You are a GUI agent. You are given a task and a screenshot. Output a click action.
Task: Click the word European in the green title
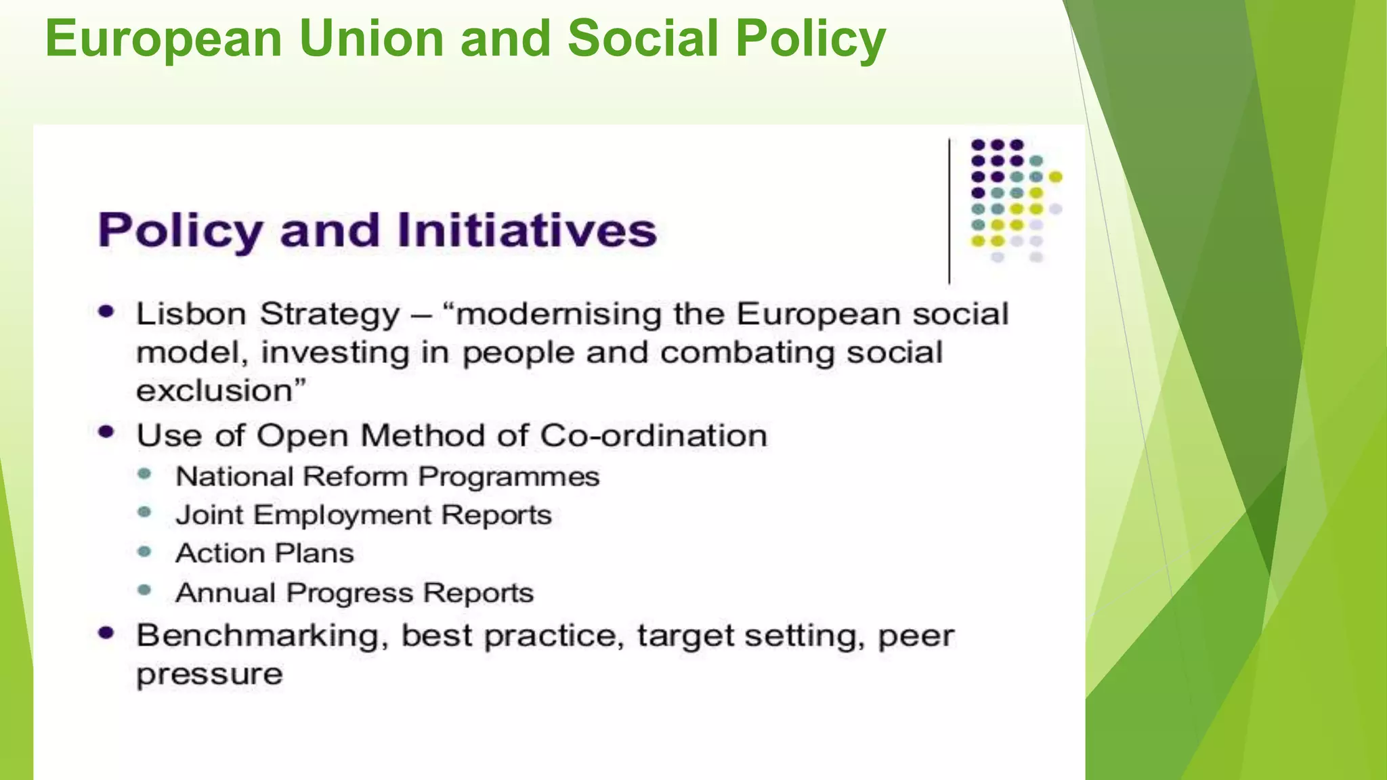click(163, 39)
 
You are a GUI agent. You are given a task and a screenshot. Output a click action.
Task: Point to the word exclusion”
click(221, 391)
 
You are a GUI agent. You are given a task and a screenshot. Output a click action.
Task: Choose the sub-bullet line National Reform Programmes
click(387, 477)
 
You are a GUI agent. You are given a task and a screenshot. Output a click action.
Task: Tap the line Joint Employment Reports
click(364, 515)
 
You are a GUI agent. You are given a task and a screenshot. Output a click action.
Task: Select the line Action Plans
click(265, 554)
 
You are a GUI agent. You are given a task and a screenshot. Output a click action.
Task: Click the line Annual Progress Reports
click(354, 593)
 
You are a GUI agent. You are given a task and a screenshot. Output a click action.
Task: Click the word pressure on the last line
click(209, 674)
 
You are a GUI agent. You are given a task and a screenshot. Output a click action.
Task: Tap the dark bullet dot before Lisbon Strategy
click(106, 311)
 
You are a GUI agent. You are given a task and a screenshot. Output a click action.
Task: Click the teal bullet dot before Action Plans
click(144, 552)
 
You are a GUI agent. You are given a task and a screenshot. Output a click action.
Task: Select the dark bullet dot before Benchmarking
click(106, 633)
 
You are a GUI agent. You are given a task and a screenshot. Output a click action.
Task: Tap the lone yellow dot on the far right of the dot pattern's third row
click(1055, 177)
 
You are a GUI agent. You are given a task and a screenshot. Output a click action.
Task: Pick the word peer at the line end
click(916, 636)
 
